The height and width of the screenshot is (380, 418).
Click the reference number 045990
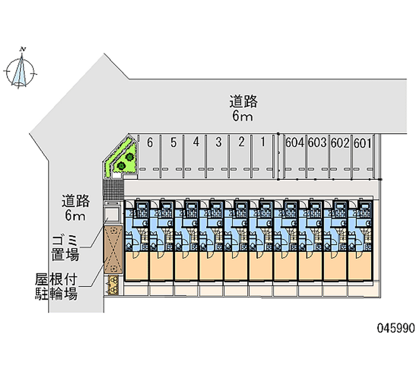[396, 328]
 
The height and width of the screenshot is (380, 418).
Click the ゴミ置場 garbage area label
[65, 248]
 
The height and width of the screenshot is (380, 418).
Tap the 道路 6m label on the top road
[243, 108]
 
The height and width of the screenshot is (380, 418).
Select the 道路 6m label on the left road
[76, 208]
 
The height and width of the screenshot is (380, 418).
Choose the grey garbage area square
[112, 214]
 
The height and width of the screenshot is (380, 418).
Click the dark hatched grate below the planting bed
[112, 188]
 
